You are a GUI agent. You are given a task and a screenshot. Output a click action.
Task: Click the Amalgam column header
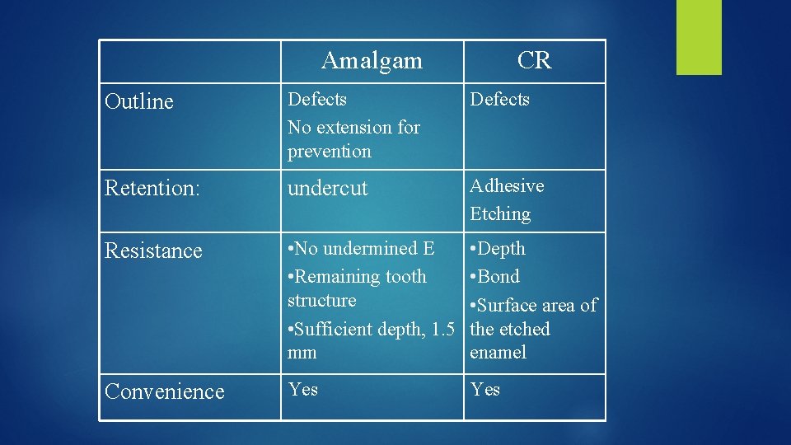click(372, 60)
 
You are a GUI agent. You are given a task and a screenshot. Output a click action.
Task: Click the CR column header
click(534, 60)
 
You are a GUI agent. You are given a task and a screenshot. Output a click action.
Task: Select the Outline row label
click(139, 102)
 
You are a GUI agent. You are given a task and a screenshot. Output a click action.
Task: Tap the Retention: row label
click(152, 188)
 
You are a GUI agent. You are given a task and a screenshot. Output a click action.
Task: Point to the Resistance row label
click(153, 251)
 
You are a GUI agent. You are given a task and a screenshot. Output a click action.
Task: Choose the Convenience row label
click(165, 391)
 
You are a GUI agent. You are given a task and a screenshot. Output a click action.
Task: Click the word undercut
click(327, 188)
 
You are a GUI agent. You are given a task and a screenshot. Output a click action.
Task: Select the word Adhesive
click(507, 186)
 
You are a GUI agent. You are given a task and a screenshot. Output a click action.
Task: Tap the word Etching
click(500, 214)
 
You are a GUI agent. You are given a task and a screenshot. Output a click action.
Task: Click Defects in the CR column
click(499, 100)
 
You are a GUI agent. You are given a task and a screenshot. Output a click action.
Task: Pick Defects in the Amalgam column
click(317, 100)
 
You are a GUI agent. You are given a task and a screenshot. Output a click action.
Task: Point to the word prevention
click(330, 152)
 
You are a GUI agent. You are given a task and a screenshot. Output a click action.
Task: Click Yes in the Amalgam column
click(302, 389)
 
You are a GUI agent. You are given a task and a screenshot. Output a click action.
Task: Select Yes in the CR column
click(485, 389)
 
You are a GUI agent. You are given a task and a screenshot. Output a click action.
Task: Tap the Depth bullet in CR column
click(500, 249)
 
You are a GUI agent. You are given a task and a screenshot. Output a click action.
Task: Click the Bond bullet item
click(498, 277)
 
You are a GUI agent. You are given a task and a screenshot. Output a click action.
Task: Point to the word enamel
click(498, 353)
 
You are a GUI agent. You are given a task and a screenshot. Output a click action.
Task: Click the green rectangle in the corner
click(699, 37)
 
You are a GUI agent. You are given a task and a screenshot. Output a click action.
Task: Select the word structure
click(322, 301)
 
